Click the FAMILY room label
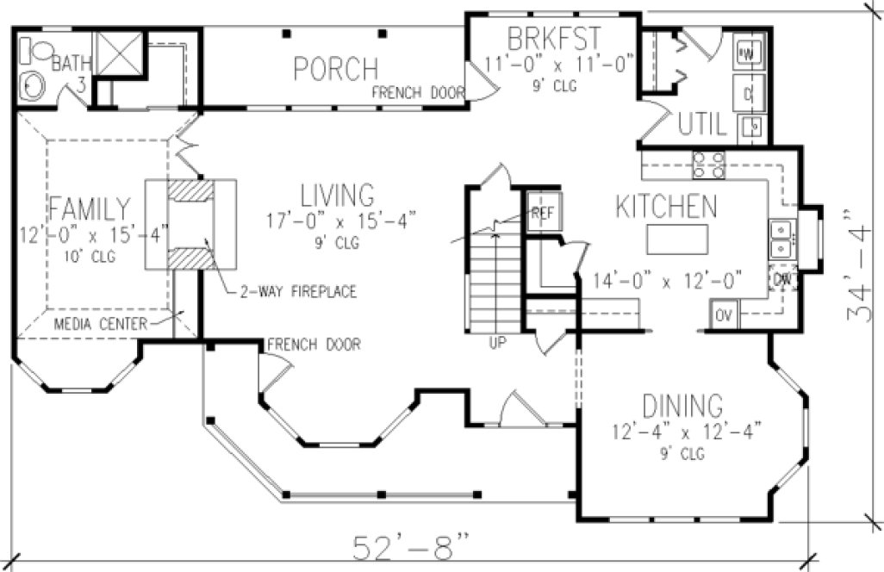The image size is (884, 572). click(x=89, y=209)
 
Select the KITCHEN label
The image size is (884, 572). click(x=666, y=207)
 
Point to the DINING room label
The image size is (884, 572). click(x=682, y=405)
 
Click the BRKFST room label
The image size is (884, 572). click(x=553, y=40)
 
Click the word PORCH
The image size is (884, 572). click(x=335, y=67)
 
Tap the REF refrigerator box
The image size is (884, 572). click(x=543, y=212)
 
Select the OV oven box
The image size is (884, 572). click(x=723, y=316)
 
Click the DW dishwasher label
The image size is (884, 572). click(x=781, y=280)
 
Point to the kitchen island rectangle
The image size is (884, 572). click(x=678, y=239)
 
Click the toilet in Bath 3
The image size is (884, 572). click(x=35, y=84)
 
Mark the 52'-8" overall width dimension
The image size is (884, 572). click(x=413, y=544)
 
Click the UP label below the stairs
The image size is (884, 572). click(x=497, y=343)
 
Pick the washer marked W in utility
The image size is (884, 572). click(x=746, y=53)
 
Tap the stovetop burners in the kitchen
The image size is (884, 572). click(x=709, y=163)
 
